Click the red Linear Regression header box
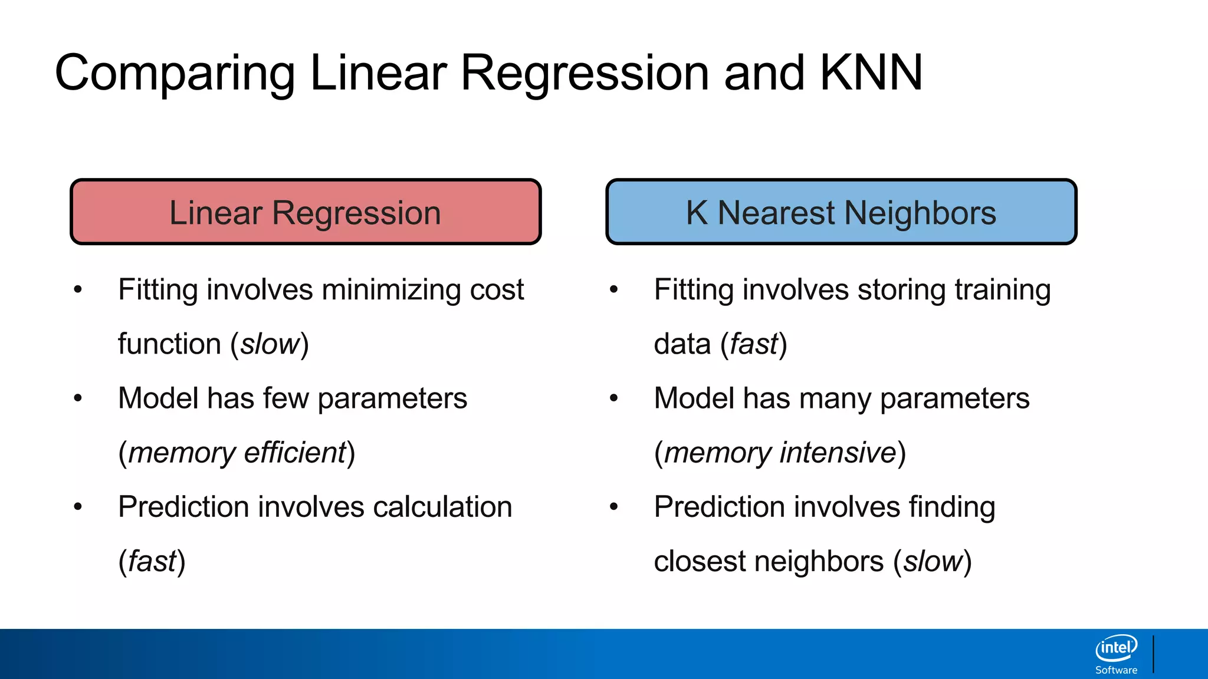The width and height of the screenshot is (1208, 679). [306, 212]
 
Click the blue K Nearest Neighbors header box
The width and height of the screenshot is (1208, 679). [841, 212]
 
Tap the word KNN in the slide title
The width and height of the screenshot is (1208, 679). [871, 73]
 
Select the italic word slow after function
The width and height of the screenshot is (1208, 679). [270, 344]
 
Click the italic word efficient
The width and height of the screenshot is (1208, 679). [294, 453]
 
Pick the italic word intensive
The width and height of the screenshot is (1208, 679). [838, 453]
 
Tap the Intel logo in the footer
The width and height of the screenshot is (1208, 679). [1116, 648]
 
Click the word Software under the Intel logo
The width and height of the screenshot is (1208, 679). [1116, 670]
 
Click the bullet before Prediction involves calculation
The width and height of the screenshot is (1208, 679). [78, 507]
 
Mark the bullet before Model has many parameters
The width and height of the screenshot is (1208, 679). [613, 398]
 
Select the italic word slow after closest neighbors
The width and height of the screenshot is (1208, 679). [933, 561]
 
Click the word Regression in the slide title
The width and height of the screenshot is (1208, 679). [585, 73]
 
